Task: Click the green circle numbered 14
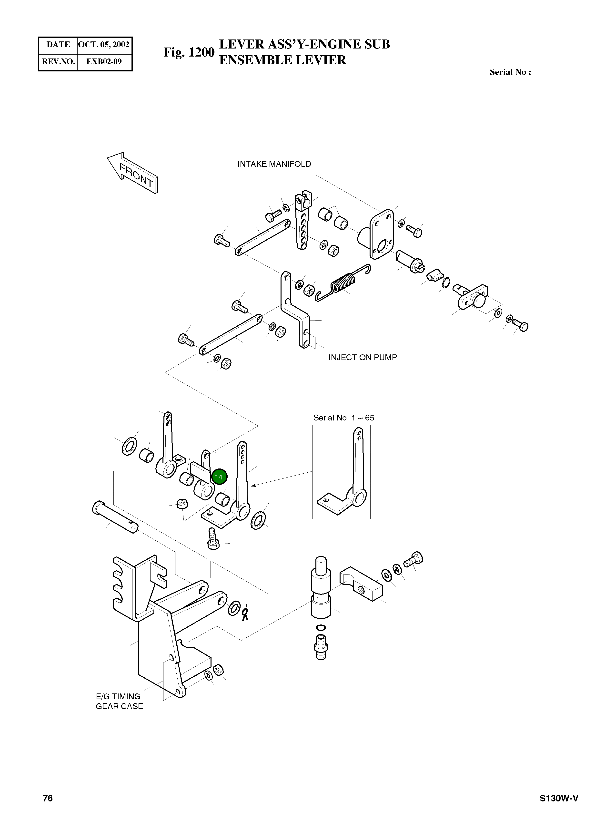pyautogui.click(x=219, y=477)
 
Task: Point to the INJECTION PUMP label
pyautogui.click(x=363, y=357)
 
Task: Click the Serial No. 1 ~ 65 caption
pyautogui.click(x=344, y=418)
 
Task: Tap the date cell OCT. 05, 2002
pyautogui.click(x=104, y=45)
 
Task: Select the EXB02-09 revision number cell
pyautogui.click(x=104, y=62)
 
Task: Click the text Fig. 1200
pyautogui.click(x=189, y=52)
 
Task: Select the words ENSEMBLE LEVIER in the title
pyautogui.click(x=282, y=60)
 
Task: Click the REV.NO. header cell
pyautogui.click(x=58, y=62)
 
